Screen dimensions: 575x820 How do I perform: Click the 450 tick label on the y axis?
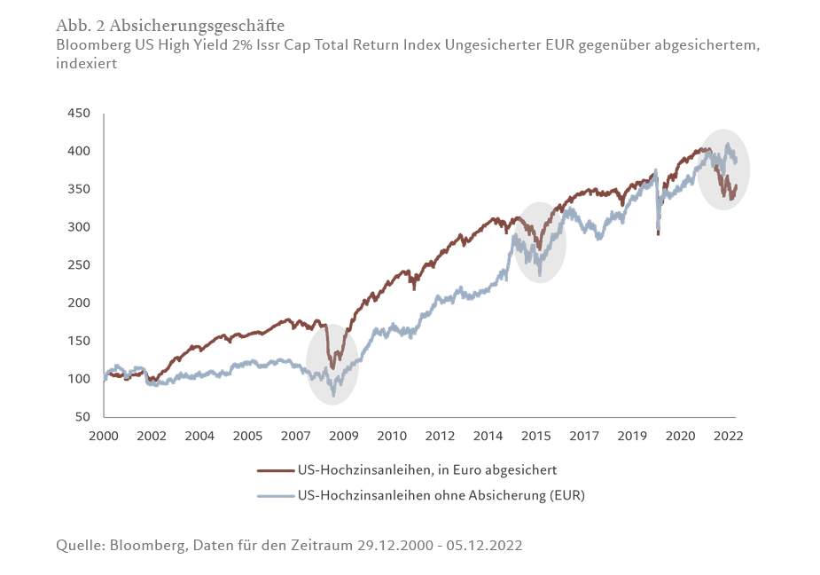[x=78, y=114]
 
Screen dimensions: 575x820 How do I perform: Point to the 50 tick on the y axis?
[x=82, y=416]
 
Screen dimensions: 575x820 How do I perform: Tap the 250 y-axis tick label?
[x=78, y=265]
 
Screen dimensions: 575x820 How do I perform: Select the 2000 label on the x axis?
[x=104, y=436]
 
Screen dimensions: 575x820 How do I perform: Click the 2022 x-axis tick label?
[x=728, y=436]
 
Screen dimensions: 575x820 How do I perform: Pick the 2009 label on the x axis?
[x=344, y=436]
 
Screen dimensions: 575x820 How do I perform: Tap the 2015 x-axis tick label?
[x=536, y=436]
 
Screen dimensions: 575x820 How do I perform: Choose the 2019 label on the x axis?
[x=632, y=436]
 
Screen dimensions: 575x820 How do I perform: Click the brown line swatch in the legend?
[x=276, y=470]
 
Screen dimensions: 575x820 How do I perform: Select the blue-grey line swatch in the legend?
[x=276, y=495]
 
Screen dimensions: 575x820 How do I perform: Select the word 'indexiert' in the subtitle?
[x=86, y=64]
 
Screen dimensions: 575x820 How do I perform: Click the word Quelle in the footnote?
[x=78, y=545]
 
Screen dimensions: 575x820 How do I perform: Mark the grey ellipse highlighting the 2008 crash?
[x=332, y=364]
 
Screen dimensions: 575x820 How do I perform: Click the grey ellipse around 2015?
[x=540, y=242]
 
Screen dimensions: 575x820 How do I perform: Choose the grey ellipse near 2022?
[x=723, y=169]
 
